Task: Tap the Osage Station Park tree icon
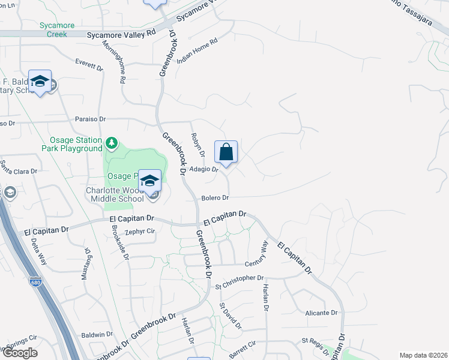pyautogui.click(x=111, y=143)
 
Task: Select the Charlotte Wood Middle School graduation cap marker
pyautogui.click(x=149, y=181)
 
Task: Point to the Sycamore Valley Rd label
pyautogui.click(x=121, y=35)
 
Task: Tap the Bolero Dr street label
pyautogui.click(x=215, y=197)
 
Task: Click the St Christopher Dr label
pyautogui.click(x=239, y=278)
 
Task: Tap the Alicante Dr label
pyautogui.click(x=321, y=313)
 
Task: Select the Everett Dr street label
pyautogui.click(x=89, y=64)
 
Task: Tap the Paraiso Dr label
pyautogui.click(x=90, y=119)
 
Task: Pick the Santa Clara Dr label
pyautogui.click(x=19, y=167)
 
